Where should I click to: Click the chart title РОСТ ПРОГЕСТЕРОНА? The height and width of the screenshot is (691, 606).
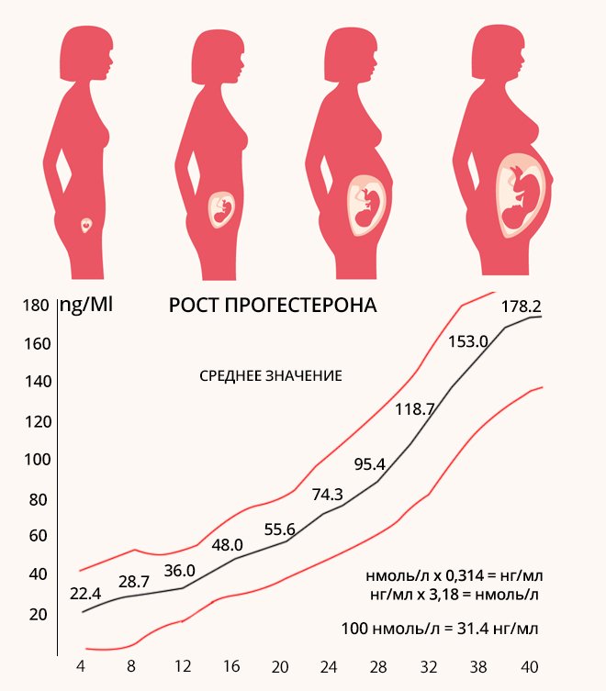[x=274, y=306]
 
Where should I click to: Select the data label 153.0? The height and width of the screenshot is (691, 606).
[x=467, y=341]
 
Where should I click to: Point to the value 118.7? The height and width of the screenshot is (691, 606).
[x=414, y=409]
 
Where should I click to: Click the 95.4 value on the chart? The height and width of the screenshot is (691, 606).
[x=369, y=463]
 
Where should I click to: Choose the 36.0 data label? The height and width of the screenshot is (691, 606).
[x=180, y=569]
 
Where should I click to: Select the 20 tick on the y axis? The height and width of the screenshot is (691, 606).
[x=37, y=614]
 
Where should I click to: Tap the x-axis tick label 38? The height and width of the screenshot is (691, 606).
[x=478, y=666]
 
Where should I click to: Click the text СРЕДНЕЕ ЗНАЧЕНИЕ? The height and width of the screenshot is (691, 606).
[x=271, y=376]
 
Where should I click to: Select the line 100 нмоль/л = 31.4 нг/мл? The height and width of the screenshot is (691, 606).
[x=439, y=630]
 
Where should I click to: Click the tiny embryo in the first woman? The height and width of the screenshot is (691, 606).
[x=86, y=223]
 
